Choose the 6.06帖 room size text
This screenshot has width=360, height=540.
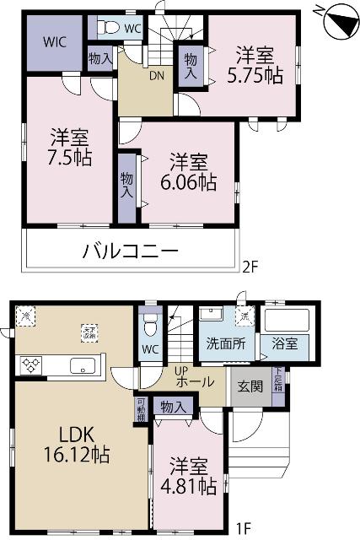[x=188, y=181]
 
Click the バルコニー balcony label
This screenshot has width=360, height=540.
[x=130, y=251]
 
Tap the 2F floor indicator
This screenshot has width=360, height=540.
[x=249, y=268]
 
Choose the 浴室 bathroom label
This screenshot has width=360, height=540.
[x=289, y=343]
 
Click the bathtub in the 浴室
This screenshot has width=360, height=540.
[x=287, y=321]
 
